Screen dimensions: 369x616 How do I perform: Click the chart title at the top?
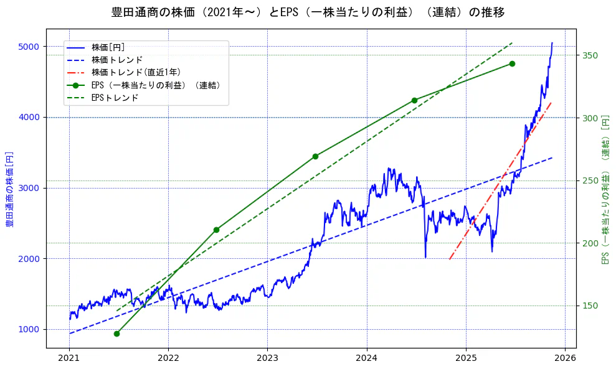(308, 12)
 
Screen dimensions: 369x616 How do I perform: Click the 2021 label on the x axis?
(69, 358)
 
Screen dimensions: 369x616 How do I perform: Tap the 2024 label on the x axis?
(367, 358)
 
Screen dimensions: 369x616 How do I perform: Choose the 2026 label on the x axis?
(565, 358)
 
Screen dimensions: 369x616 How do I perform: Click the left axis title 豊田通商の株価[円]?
(10, 188)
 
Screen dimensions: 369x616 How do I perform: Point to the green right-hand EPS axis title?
(605, 188)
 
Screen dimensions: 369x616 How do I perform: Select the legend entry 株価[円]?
(108, 47)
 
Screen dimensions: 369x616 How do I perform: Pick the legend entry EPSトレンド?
(115, 98)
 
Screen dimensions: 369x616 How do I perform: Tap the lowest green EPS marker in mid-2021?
(116, 334)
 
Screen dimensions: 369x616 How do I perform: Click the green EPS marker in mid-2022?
(216, 230)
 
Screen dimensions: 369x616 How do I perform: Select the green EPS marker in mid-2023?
(315, 156)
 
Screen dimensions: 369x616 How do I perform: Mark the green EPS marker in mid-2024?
(414, 100)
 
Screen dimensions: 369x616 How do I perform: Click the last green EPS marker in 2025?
(512, 63)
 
